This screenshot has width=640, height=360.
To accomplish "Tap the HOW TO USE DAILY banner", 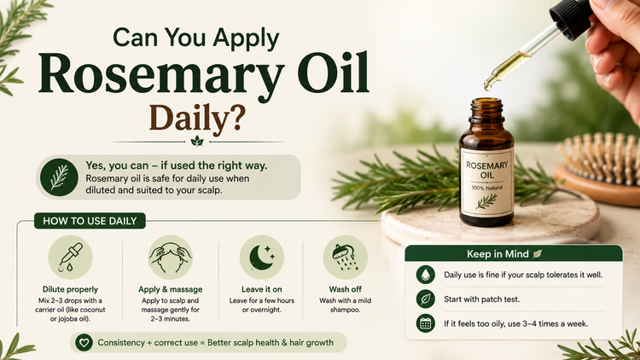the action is click(x=90, y=221).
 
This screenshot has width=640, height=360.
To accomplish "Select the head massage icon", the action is click(x=170, y=258).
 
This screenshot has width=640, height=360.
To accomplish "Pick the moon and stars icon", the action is click(x=262, y=258).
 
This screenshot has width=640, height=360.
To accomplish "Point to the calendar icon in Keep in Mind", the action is click(x=426, y=323).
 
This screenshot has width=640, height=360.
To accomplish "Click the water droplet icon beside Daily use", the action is click(x=426, y=275).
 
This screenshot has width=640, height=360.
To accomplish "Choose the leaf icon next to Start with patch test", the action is click(x=426, y=299).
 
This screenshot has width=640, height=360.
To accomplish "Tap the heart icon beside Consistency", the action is click(x=84, y=342).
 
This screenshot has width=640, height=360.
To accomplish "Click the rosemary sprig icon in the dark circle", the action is click(x=59, y=177).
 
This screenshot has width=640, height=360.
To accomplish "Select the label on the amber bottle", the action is click(x=487, y=183).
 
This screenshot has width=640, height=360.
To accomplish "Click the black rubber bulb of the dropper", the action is click(x=571, y=18).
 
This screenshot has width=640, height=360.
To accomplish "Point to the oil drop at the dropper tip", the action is click(x=487, y=85).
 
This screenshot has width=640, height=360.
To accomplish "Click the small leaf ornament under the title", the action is click(x=197, y=142).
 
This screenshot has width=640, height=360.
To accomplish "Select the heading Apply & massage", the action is click(x=170, y=289).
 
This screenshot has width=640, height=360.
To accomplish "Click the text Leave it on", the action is click(x=262, y=289).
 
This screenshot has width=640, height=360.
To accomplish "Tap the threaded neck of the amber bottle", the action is click(x=486, y=110).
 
